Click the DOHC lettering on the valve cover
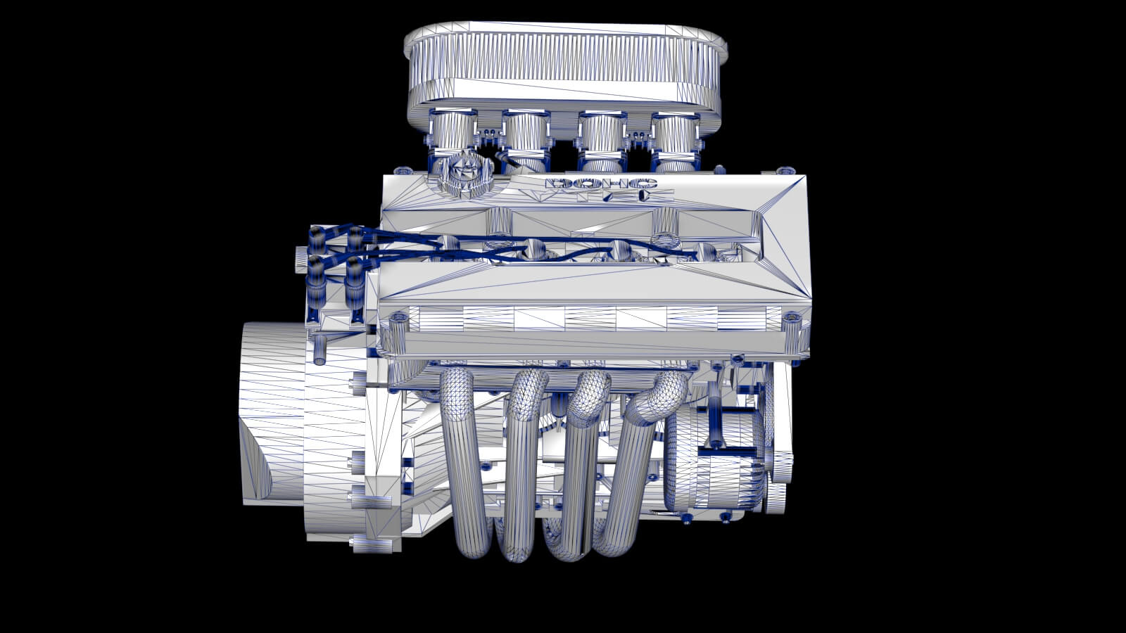click(601, 185)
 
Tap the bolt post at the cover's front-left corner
click(399, 334)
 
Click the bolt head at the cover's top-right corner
click(785, 171)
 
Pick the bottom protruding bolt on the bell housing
click(366, 542)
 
